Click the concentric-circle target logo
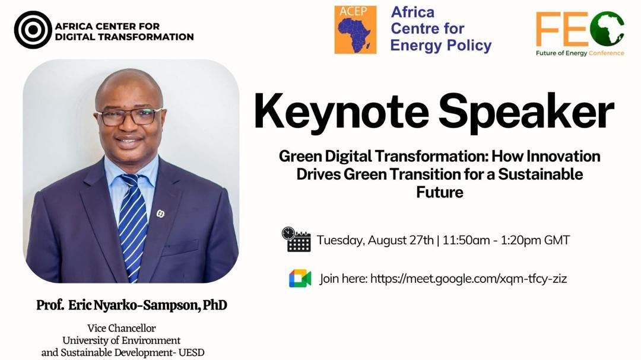(x=33, y=30)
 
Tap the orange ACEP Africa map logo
(x=356, y=30)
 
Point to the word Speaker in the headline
(x=526, y=112)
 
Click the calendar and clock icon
(x=296, y=240)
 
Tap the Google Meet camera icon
(x=300, y=279)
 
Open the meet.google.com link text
(x=468, y=279)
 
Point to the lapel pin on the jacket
(x=161, y=214)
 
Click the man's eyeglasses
(x=129, y=116)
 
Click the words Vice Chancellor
(x=122, y=328)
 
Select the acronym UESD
(x=191, y=352)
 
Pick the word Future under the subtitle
(x=439, y=192)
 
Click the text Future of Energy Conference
(x=580, y=53)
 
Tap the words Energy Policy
(x=440, y=45)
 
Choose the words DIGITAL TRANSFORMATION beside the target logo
(x=124, y=37)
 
